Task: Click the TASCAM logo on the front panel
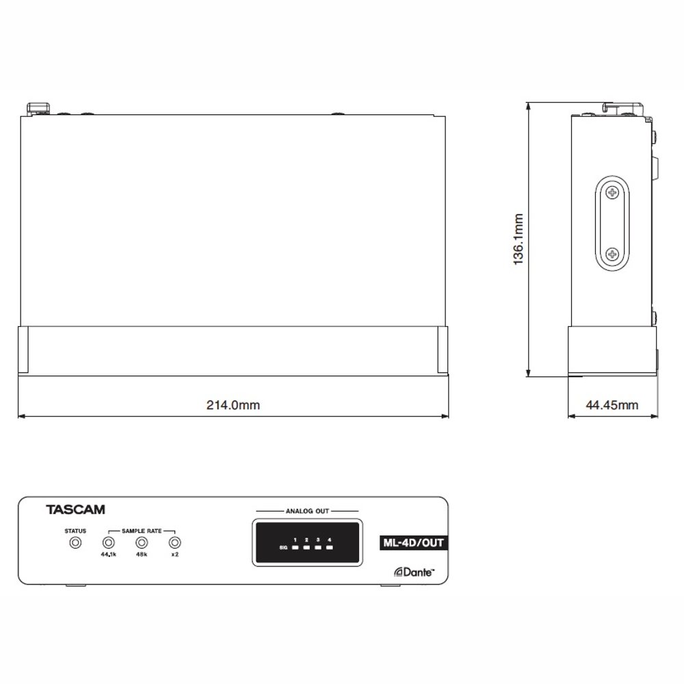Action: pos(75,510)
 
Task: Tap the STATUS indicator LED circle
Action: pos(75,542)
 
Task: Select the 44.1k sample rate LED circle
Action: pos(108,542)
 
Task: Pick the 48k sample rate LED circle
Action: pos(142,542)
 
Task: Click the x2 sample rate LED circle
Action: pos(175,542)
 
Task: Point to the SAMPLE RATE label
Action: pos(142,531)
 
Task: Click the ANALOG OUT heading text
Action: pos(307,511)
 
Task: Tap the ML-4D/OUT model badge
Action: pos(413,542)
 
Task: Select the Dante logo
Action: pos(415,572)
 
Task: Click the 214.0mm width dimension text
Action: pos(233,405)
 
